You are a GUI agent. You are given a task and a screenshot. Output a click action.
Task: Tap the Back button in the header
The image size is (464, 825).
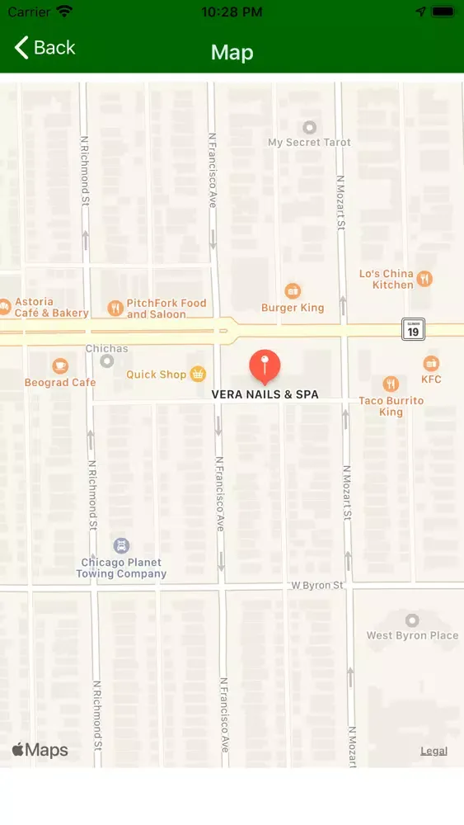point(45,48)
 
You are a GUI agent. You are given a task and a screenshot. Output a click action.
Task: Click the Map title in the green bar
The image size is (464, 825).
point(232,53)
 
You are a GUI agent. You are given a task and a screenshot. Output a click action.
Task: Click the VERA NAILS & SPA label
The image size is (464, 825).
point(265,395)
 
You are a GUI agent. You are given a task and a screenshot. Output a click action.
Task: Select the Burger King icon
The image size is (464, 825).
point(293,291)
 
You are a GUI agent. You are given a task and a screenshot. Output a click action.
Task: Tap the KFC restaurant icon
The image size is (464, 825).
point(431,364)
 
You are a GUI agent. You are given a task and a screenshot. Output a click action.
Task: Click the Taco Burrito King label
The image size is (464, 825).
point(391,406)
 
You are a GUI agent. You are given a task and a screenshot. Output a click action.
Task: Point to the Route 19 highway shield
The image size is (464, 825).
point(413,330)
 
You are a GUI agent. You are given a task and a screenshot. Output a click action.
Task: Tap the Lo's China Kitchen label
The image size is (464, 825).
point(387,279)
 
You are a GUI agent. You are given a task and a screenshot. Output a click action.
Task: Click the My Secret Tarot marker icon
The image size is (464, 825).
point(310,128)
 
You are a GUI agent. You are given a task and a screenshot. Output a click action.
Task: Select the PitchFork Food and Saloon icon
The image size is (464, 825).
point(115,309)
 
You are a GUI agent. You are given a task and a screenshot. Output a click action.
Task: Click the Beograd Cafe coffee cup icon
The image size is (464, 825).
point(60,365)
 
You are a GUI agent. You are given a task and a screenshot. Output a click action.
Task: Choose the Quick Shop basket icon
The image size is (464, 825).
point(198,375)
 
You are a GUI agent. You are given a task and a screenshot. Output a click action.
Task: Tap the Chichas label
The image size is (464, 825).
point(107,349)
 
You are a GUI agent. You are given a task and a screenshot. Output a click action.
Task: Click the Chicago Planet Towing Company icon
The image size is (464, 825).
point(122,546)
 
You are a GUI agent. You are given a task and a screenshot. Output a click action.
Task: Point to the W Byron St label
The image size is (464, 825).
point(316,585)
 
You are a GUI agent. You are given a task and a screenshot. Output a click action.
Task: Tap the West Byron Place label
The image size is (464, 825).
point(412,635)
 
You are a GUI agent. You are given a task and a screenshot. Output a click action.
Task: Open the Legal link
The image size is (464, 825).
point(434,751)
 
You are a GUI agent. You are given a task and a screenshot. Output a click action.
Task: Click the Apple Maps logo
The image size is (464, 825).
point(40,750)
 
